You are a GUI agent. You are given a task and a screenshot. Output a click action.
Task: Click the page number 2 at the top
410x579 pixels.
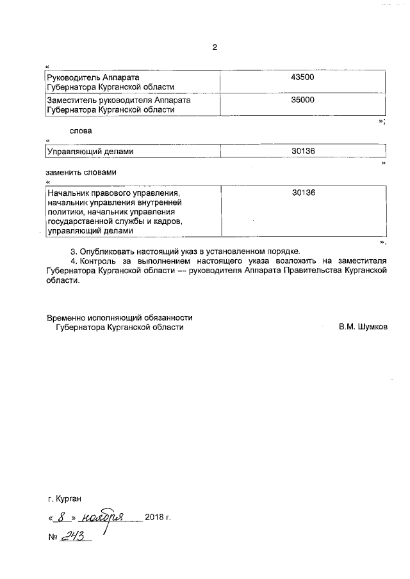pyautogui.click(x=215, y=47)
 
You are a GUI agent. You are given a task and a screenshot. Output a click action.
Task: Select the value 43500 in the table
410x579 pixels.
pyautogui.click(x=303, y=77)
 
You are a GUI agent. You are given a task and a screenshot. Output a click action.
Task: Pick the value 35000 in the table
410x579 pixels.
pyautogui.click(x=303, y=100)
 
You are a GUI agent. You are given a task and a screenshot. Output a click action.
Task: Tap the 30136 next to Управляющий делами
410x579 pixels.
pyautogui.click(x=303, y=152)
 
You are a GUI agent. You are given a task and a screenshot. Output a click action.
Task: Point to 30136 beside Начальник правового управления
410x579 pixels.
pyautogui.click(x=303, y=193)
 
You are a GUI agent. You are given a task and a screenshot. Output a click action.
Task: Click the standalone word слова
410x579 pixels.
pyautogui.click(x=81, y=131)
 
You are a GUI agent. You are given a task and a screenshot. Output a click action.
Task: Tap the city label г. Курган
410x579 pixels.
pyautogui.click(x=65, y=498)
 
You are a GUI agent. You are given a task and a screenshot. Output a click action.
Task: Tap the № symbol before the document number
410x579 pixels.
pyautogui.click(x=53, y=537)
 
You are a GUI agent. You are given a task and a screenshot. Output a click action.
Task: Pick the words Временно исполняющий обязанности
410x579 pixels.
pyautogui.click(x=119, y=317)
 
